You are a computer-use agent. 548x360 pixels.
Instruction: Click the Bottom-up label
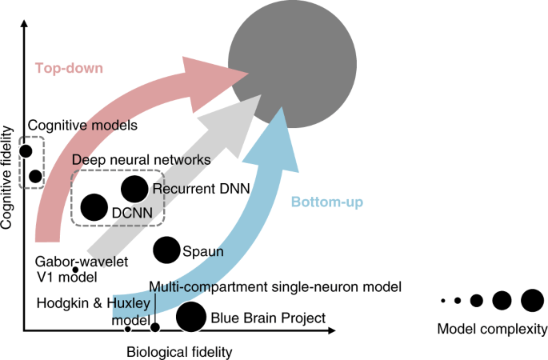[x=328, y=202]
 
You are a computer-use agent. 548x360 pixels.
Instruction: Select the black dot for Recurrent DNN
[x=134, y=189]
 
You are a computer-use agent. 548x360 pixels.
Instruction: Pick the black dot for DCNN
[x=94, y=208]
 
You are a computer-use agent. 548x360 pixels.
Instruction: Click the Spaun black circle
[x=166, y=250]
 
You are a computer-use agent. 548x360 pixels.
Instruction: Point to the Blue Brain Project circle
[x=190, y=318]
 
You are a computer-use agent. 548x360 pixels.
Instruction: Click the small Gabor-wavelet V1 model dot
[x=75, y=269]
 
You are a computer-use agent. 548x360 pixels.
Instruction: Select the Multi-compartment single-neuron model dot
[x=155, y=326]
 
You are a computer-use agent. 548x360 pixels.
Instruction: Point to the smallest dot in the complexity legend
[x=442, y=301]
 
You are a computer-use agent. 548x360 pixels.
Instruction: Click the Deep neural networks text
[x=141, y=160]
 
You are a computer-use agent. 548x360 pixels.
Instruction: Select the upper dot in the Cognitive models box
[x=26, y=150]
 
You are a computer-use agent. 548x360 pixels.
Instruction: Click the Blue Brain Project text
[x=267, y=318]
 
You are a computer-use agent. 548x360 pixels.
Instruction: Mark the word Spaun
[x=204, y=251]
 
